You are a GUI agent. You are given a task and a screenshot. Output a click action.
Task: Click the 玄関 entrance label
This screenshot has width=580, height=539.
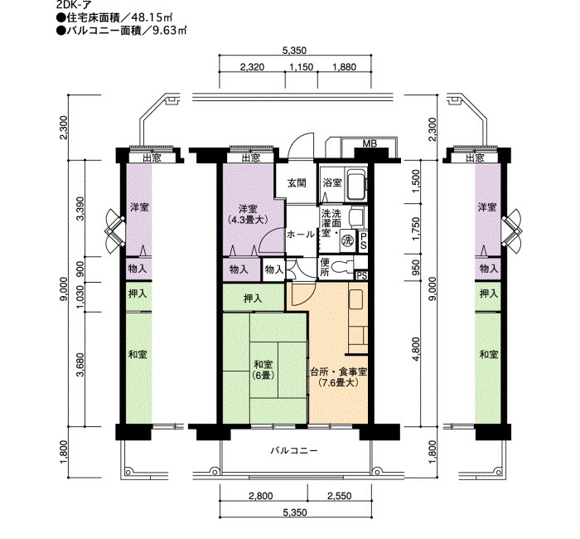coord(297,182)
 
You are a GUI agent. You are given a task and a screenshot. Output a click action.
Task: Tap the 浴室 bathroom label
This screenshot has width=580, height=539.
coord(332,182)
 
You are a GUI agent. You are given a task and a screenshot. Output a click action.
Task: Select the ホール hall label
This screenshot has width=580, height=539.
coord(301,235)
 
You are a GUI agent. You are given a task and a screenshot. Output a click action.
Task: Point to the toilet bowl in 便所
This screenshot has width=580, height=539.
coord(341,267)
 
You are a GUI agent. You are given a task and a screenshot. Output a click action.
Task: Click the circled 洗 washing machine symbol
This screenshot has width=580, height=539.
coord(347,240)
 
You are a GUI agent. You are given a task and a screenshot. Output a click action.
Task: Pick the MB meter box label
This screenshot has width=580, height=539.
coord(370,143)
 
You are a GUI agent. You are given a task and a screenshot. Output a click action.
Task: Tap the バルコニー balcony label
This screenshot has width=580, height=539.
coord(294,450)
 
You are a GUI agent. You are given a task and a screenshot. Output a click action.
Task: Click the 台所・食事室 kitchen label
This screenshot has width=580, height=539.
coord(338,371)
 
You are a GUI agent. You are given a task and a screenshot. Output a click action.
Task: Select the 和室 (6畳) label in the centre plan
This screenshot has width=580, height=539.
coord(263,370)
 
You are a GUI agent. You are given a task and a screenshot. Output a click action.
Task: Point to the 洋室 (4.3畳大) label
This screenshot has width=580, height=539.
coord(248,214)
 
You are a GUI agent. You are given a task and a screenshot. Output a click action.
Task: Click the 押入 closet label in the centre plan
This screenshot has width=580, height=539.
coord(253,298)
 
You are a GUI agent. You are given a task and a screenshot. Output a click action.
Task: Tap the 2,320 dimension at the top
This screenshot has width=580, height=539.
coord(252,67)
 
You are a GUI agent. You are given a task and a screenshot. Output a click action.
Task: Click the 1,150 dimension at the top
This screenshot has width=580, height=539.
coord(301,67)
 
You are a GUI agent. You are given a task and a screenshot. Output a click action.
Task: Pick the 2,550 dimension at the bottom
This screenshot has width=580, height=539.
coord(339,496)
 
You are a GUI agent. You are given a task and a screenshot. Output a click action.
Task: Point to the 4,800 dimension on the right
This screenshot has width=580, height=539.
coord(417,349)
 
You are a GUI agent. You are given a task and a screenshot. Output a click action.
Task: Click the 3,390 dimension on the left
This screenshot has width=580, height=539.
coord(80,208)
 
